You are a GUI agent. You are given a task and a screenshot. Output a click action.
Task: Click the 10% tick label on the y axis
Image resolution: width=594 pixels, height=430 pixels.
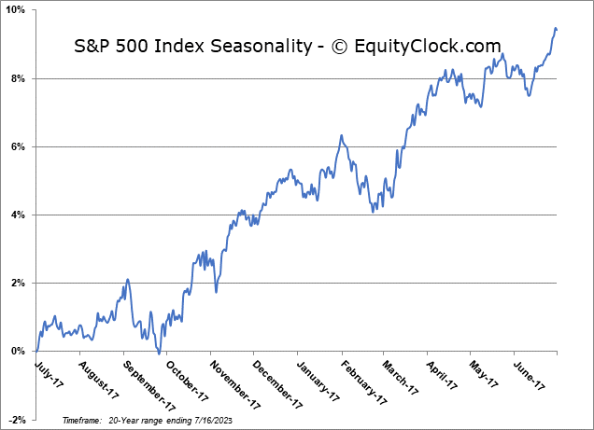coord(17,10)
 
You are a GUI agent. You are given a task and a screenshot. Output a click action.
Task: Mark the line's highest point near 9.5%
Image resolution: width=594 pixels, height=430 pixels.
coord(556,28)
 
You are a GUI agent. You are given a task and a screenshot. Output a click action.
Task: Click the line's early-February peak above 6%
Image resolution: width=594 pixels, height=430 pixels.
coord(342,135)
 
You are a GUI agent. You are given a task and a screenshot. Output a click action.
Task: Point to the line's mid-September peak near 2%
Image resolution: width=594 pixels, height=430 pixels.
coord(127,279)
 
